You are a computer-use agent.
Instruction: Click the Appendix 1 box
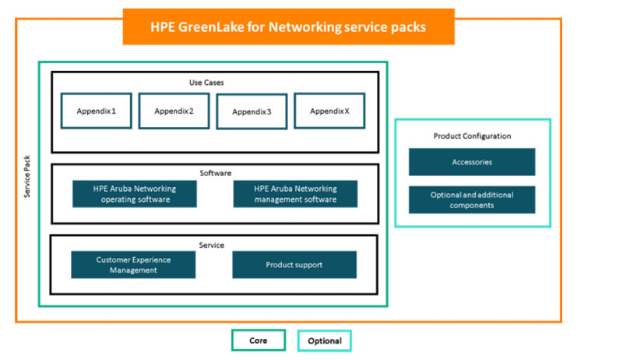click(97, 111)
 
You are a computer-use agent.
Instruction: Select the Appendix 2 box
click(174, 111)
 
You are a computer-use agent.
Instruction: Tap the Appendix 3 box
click(252, 111)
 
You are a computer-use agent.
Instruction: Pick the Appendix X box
click(329, 111)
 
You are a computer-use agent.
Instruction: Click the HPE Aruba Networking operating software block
click(135, 194)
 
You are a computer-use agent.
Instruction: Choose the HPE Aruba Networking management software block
click(295, 194)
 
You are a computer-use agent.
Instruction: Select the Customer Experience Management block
click(133, 265)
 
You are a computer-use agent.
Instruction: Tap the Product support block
click(294, 265)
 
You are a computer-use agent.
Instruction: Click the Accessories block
click(472, 162)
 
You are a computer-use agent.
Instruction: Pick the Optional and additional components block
click(472, 199)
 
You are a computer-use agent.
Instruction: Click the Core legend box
click(259, 341)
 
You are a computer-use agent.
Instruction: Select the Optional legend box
click(324, 341)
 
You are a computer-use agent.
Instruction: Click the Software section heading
click(216, 172)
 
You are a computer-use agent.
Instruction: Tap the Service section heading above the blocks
click(211, 245)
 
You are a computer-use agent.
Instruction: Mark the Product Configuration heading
click(472, 136)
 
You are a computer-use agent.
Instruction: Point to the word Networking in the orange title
click(309, 26)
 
